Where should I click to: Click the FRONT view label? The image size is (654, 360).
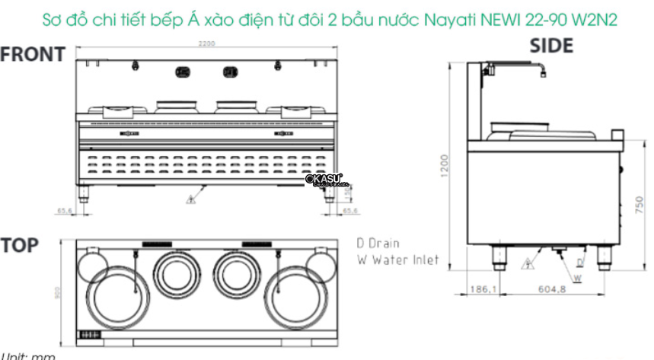[33, 55]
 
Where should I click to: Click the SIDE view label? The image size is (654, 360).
[551, 46]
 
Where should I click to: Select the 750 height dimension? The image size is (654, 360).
[639, 203]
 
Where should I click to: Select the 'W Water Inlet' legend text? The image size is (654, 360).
[397, 260]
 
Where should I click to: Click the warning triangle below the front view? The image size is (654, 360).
[188, 200]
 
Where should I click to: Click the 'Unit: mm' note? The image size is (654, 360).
[27, 355]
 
